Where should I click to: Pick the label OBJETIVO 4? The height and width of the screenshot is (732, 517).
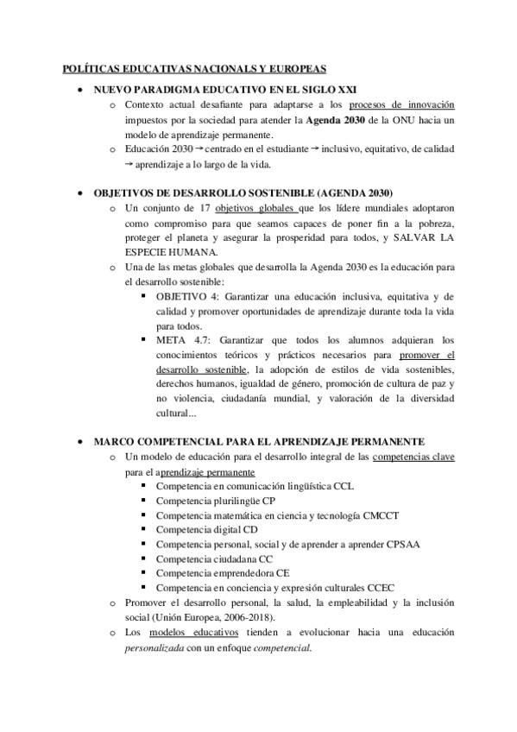pos(187,297)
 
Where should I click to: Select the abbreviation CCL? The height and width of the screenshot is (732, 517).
pos(344,486)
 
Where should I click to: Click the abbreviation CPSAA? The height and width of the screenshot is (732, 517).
pos(371,544)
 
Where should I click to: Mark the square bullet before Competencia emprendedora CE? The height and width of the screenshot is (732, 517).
pos(143,573)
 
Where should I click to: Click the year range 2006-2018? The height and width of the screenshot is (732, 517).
pos(244,618)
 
